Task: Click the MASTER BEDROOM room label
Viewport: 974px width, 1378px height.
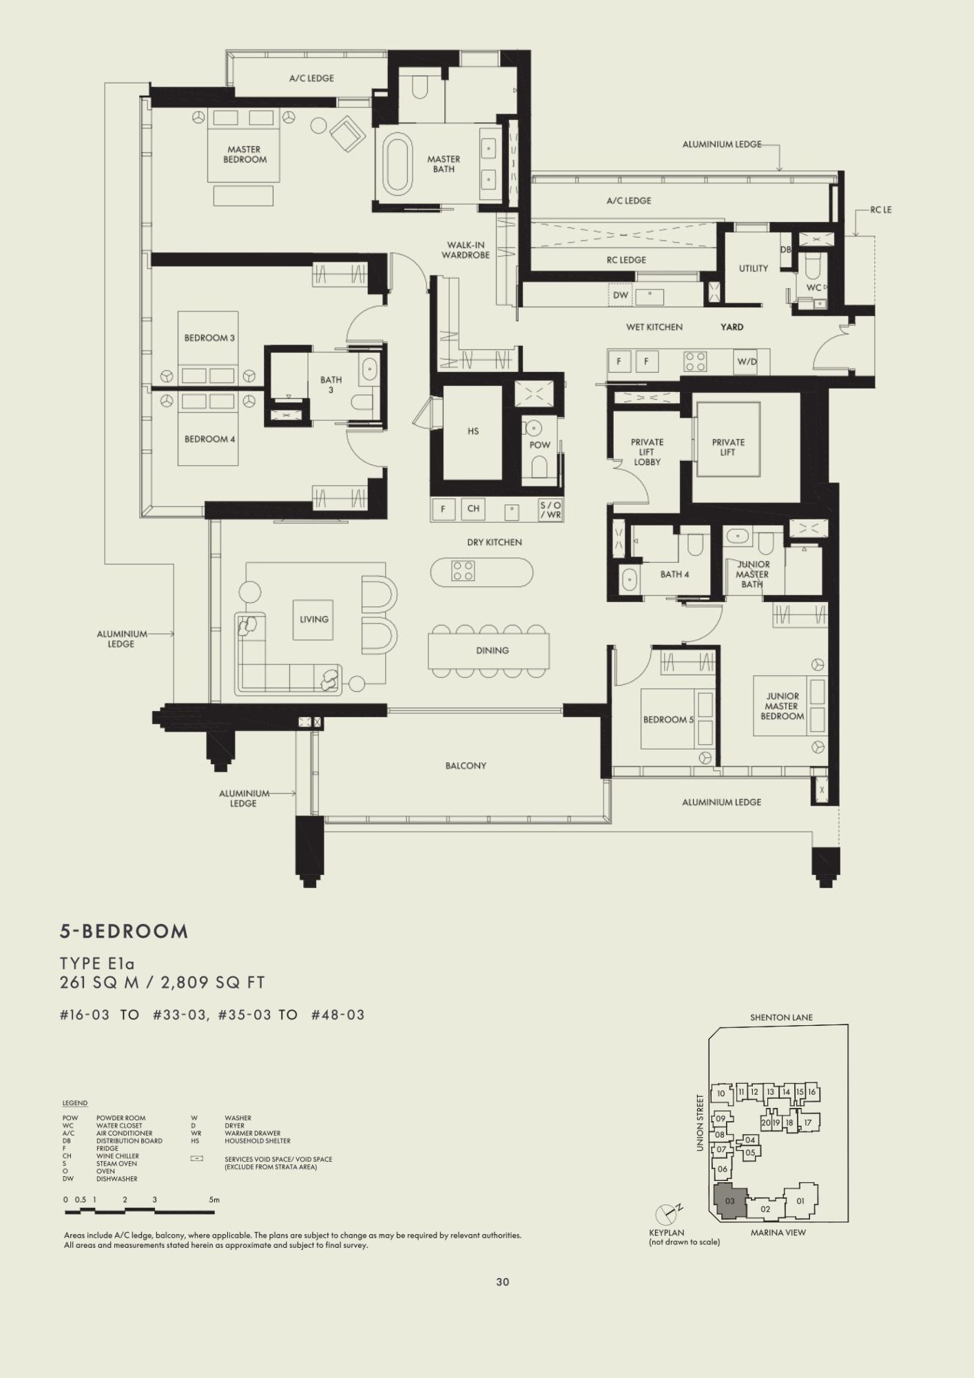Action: pos(245,154)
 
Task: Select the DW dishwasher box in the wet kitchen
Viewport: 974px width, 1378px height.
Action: pos(621,296)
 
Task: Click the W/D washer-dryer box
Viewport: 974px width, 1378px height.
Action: pos(747,361)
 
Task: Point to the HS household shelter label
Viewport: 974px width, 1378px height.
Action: pos(473,431)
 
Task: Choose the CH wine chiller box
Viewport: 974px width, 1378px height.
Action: pos(473,509)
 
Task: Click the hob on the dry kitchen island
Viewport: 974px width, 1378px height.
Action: pos(462,570)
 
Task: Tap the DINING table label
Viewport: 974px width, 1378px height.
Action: pos(492,650)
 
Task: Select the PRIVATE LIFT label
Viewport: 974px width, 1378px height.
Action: pos(728,447)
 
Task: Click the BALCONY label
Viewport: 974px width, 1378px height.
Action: pos(466,765)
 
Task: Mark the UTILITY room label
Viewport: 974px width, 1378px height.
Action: pos(753,269)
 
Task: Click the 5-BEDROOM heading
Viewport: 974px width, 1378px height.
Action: pos(124,932)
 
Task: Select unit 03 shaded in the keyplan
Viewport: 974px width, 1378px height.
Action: pos(729,1201)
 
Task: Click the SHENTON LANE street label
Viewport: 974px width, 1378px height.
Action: pos(782,1017)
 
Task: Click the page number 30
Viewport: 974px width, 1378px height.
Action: pos(502,1282)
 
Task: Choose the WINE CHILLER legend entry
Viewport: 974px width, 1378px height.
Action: pos(117,1156)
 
